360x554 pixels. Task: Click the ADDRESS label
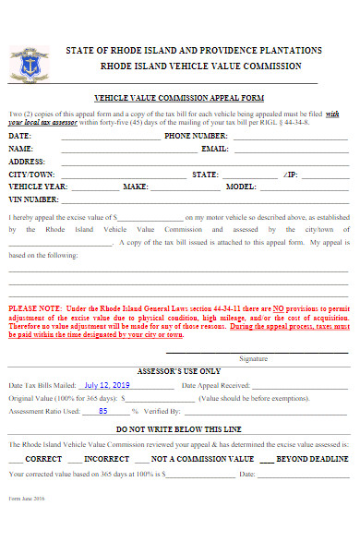[x=27, y=161]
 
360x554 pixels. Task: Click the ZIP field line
[x=324, y=174]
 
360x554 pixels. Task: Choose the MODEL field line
[x=304, y=187]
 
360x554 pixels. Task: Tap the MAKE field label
[x=136, y=187]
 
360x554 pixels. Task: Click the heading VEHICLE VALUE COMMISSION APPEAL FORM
[x=179, y=97]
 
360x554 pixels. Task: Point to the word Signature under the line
[x=253, y=358]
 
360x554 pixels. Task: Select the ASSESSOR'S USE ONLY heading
[x=178, y=369]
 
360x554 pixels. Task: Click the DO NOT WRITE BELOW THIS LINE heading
[x=178, y=429]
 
